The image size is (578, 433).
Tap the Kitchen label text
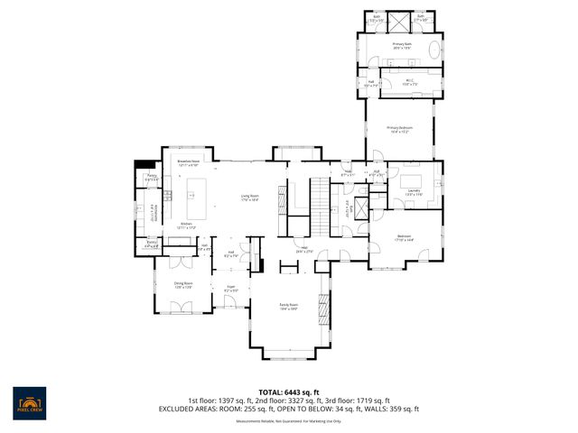(x=187, y=224)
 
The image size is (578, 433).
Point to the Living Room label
(x=249, y=198)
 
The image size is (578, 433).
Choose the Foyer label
(x=230, y=290)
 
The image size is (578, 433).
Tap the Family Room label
(x=289, y=307)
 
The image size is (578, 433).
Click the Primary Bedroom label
(x=399, y=130)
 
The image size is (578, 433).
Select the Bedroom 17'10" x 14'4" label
(x=404, y=238)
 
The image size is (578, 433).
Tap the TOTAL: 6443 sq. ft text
(x=288, y=392)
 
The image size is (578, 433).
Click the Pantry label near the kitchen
(x=152, y=177)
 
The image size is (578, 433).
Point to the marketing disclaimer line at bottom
(x=289, y=420)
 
